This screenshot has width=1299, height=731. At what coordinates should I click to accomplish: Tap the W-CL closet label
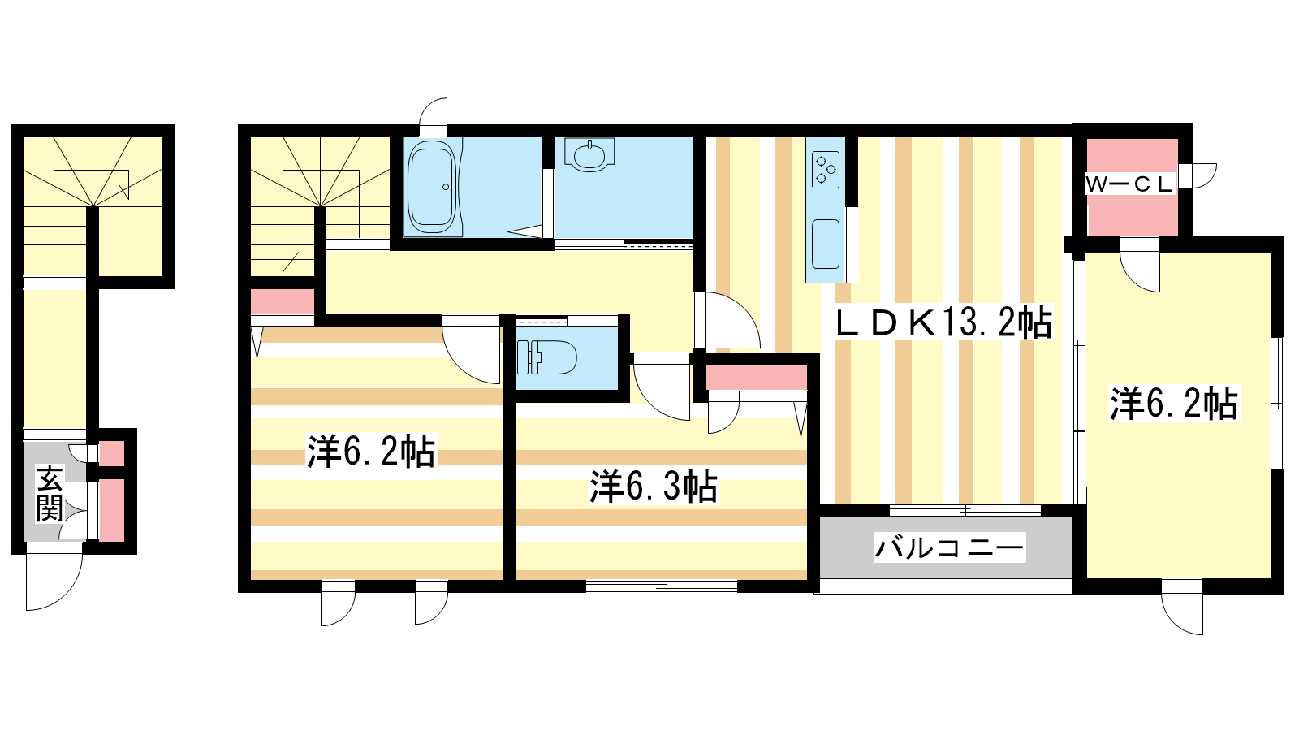1129,185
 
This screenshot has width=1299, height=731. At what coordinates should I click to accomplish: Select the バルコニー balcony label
950,547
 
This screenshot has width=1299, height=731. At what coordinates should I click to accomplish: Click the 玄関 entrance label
50,493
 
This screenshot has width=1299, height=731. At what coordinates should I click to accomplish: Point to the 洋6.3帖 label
654,487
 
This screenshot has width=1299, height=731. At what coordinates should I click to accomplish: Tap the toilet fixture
546,357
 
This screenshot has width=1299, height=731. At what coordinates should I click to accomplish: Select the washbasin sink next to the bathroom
589,155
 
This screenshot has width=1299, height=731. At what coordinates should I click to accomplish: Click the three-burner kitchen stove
825,170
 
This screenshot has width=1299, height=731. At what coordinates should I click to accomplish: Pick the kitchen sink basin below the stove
826,244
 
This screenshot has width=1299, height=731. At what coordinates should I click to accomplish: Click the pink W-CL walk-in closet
1132,187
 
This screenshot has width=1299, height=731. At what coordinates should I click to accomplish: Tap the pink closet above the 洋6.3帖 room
756,377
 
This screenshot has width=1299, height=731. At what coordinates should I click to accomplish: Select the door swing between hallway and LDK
727,320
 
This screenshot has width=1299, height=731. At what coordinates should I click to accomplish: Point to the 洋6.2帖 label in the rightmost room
1174,403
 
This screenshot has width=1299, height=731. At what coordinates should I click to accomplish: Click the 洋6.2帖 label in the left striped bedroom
371,451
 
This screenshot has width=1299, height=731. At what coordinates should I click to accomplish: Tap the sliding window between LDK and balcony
965,511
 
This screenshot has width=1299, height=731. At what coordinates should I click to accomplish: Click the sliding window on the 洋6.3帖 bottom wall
662,586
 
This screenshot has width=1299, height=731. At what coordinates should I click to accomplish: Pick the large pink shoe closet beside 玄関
111,511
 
